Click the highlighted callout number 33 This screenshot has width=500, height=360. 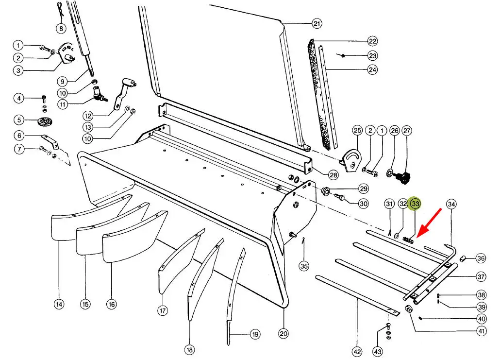point(415,204)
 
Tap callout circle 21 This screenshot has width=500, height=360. point(317,23)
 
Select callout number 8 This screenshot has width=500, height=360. point(61,28)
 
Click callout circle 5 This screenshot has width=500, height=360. point(18,120)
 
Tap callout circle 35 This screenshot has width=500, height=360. point(304,266)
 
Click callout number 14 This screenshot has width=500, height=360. point(59,305)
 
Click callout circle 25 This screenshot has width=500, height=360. point(357,130)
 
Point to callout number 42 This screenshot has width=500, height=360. point(357,350)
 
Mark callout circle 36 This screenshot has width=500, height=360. point(481,258)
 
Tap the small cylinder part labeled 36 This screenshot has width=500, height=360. point(463,257)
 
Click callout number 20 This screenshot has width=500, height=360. point(283,334)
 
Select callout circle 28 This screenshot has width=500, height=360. point(333,174)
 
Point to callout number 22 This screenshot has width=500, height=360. point(372,41)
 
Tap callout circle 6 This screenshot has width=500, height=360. point(18,136)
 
